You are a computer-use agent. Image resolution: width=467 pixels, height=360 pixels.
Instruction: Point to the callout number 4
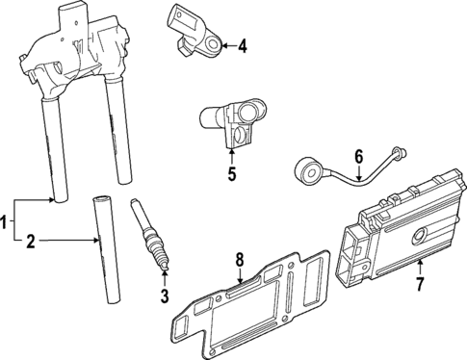(243, 44)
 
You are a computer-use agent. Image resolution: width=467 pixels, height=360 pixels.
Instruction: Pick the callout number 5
(231, 173)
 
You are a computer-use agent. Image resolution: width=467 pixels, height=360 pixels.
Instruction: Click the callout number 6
(358, 155)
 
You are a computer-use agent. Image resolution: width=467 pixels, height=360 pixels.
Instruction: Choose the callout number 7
(419, 284)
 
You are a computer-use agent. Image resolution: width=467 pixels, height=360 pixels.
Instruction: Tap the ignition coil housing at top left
(77, 48)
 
